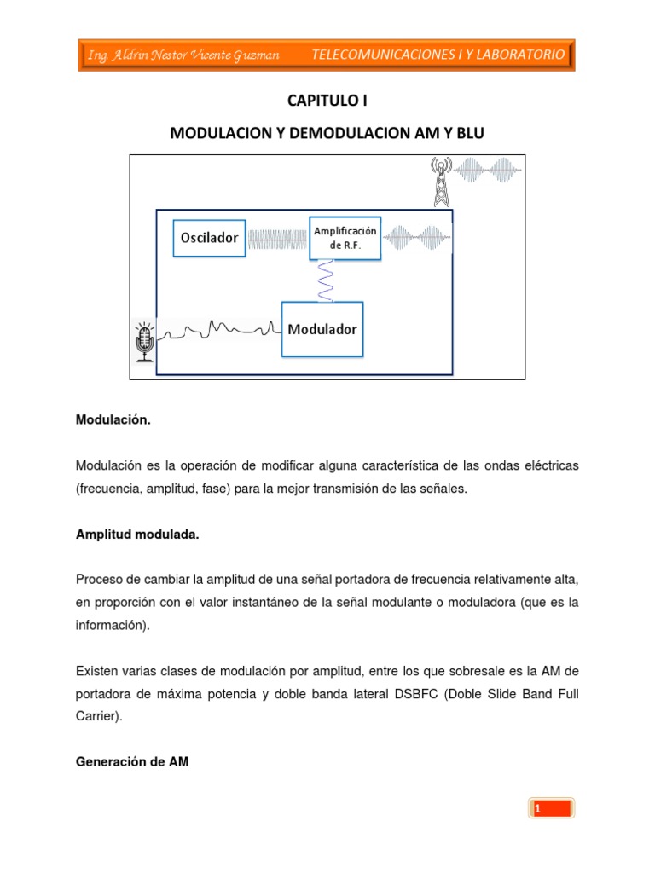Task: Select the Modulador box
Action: [322, 328]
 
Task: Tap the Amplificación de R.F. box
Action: [345, 238]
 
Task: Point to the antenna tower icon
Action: [440, 181]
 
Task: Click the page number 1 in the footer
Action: [538, 808]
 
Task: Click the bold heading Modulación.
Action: [113, 419]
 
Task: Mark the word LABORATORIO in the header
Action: [521, 55]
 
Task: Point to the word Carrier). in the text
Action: [99, 717]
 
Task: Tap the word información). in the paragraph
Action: [113, 625]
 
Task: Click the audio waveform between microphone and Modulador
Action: [217, 329]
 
